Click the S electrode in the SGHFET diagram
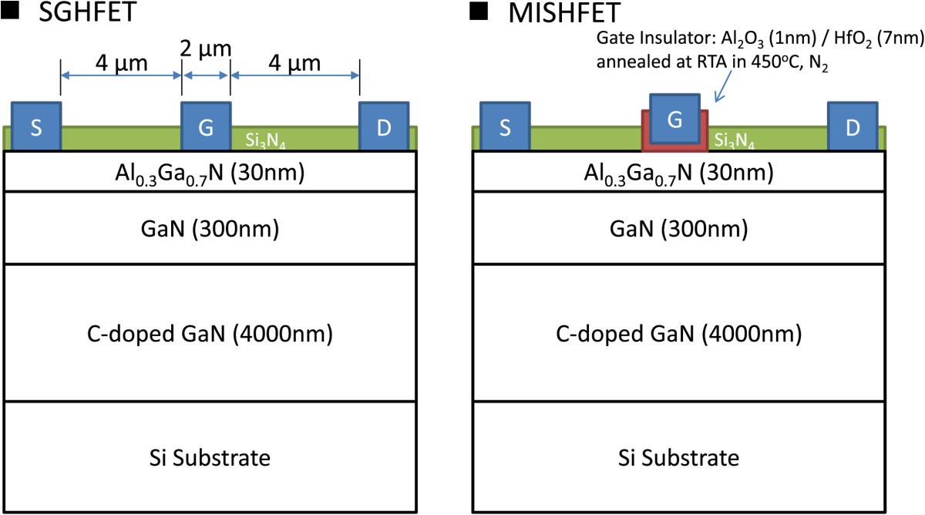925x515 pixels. [x=35, y=126]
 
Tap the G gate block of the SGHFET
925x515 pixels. [x=206, y=126]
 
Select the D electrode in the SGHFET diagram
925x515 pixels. [x=383, y=126]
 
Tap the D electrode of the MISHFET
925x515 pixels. [x=852, y=126]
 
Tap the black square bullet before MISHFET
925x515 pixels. [x=479, y=11]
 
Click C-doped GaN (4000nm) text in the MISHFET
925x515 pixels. [x=678, y=335]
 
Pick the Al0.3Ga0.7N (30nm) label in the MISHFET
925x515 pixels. [x=678, y=172]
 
